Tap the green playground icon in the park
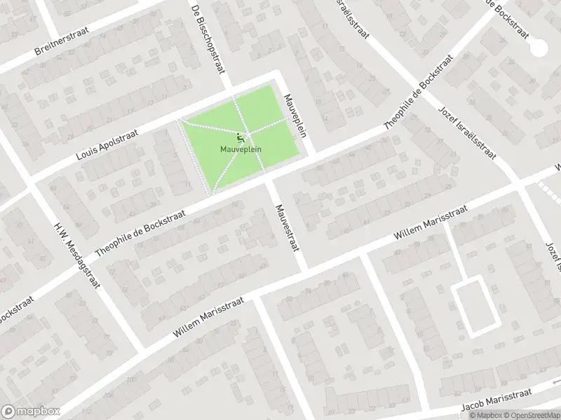coord(241,138)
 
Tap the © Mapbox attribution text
coord(486,415)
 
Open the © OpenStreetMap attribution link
coord(532,415)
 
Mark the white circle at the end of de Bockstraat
coord(539,47)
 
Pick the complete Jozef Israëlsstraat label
coord(467,134)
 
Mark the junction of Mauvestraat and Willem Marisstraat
coord(303,267)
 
